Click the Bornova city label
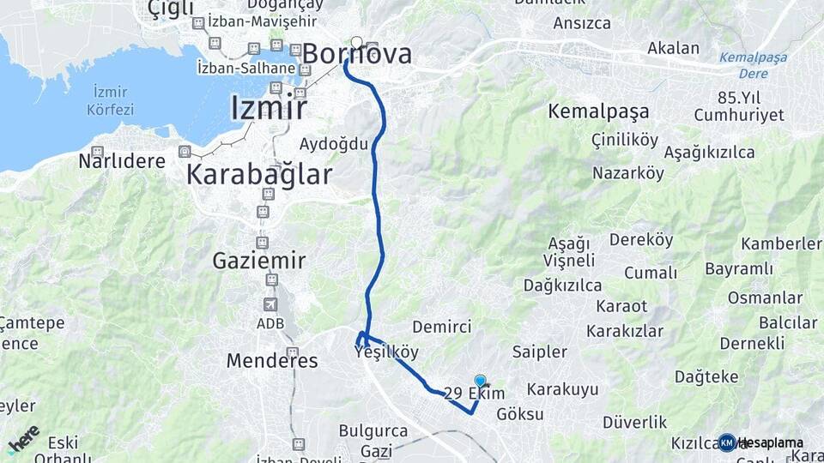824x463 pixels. click(357, 54)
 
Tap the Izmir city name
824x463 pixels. click(269, 107)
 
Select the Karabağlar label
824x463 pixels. click(259, 175)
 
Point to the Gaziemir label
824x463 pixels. click(259, 259)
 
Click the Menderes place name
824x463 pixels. click(272, 360)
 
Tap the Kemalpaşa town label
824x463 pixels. click(598, 111)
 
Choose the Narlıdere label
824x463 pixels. click(115, 160)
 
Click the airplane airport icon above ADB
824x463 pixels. click(270, 304)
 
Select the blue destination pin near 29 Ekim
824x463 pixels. click(480, 382)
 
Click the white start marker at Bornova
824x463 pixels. click(356, 42)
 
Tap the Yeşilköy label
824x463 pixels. click(386, 352)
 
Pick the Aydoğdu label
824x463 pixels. click(334, 143)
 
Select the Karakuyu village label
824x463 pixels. click(562, 389)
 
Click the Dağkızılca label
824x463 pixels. click(562, 285)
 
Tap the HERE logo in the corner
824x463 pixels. click(24, 438)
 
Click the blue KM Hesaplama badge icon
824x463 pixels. click(727, 442)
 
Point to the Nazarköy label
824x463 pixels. click(628, 173)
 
